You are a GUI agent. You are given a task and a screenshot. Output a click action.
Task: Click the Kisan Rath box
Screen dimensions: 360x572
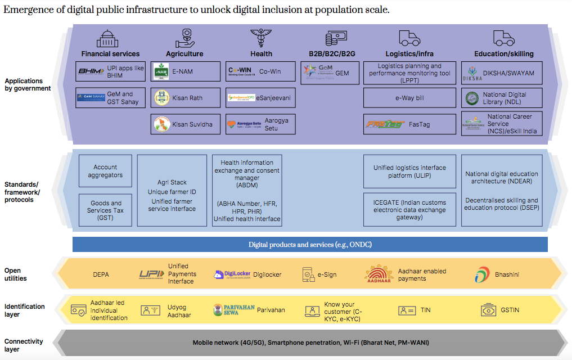185,98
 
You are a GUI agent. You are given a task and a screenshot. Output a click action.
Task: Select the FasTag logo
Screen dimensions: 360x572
385,124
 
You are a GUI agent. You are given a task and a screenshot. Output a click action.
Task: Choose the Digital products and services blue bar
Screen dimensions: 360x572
310,245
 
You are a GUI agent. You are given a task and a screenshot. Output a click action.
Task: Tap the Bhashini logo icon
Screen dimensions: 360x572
481,274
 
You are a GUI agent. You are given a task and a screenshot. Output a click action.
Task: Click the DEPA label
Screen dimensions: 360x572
101,274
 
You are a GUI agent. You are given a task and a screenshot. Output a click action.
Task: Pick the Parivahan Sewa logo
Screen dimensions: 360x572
234,310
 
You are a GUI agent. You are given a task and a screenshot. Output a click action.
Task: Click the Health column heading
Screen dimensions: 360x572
261,54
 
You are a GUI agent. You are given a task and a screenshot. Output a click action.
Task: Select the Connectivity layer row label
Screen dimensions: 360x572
24,345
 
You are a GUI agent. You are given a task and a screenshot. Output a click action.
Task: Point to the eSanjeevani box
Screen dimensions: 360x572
261,98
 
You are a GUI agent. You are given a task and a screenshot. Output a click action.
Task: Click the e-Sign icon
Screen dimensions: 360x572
308,274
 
